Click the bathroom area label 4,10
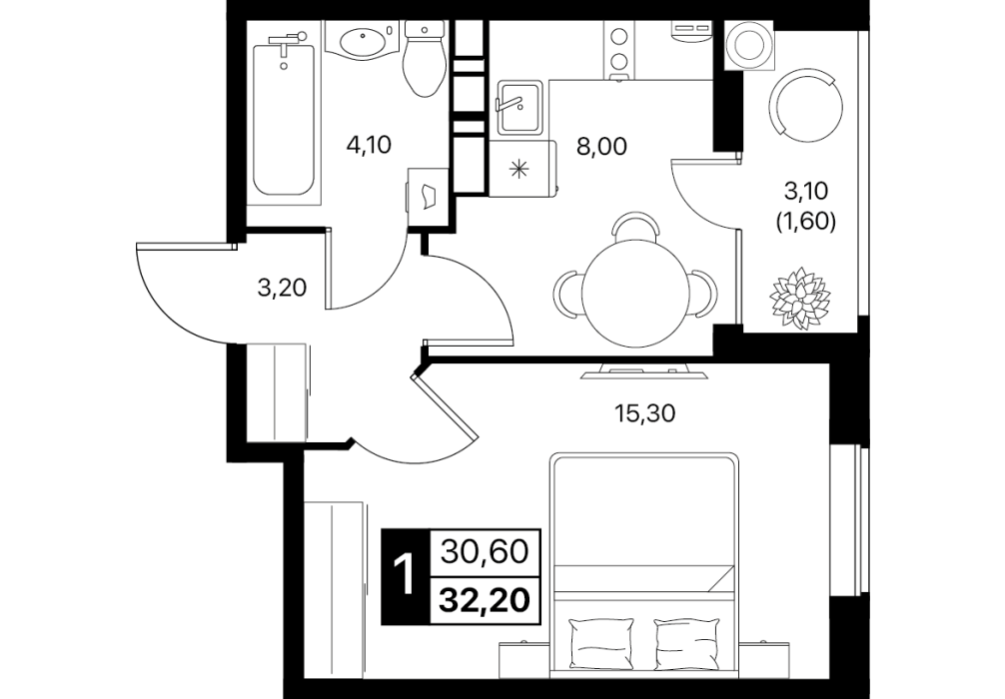(x=368, y=146)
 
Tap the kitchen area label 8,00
(x=601, y=147)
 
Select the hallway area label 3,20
(x=282, y=289)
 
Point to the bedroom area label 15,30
(x=644, y=413)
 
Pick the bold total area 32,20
(x=485, y=600)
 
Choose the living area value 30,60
(x=485, y=551)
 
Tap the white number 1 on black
(x=405, y=575)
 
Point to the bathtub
(x=284, y=115)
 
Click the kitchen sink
(x=519, y=108)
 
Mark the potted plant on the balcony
(x=799, y=299)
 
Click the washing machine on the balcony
(x=748, y=45)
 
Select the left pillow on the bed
(x=601, y=643)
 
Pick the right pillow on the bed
(x=685, y=643)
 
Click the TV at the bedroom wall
(x=644, y=372)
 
